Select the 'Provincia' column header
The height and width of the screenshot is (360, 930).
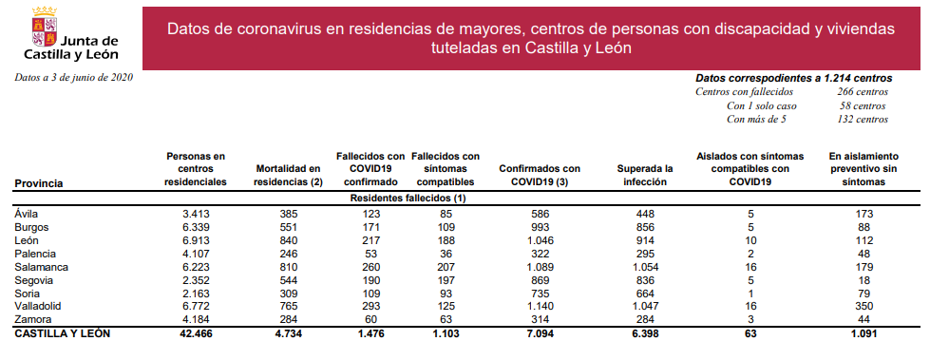[x=39, y=182]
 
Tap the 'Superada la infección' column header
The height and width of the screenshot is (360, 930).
[x=645, y=175]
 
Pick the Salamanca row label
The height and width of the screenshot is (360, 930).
[x=41, y=268]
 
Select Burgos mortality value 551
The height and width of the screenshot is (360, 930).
[x=287, y=228]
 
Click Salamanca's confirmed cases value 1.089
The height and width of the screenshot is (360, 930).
[x=539, y=268]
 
